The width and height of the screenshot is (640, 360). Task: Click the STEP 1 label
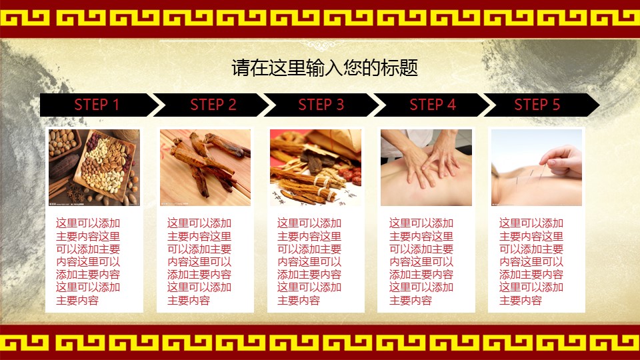tap(97, 105)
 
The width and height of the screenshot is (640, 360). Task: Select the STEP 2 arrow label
tap(213, 105)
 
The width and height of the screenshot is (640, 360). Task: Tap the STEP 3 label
tap(321, 105)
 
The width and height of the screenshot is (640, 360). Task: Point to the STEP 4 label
tap(433, 105)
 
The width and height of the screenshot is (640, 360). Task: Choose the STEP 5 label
tap(537, 105)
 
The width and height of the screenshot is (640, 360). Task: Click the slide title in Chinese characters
tap(325, 68)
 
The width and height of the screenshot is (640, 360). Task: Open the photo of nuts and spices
tap(94, 167)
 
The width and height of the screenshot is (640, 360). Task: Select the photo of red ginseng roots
tap(205, 167)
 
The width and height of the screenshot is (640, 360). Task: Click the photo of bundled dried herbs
tap(315, 167)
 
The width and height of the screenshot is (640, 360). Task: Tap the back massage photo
tap(426, 167)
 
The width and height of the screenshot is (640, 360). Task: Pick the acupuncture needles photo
tap(537, 167)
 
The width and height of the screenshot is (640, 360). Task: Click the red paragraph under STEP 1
tap(88, 262)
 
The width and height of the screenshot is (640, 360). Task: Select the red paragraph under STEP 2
tap(199, 262)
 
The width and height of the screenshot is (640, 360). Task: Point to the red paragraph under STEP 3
tap(309, 262)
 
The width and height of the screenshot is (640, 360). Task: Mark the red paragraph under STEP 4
tap(421, 262)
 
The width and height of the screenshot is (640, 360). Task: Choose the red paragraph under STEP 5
tap(531, 262)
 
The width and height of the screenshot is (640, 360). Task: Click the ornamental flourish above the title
tap(321, 45)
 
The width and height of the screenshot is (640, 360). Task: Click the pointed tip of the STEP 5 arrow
tap(599, 105)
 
